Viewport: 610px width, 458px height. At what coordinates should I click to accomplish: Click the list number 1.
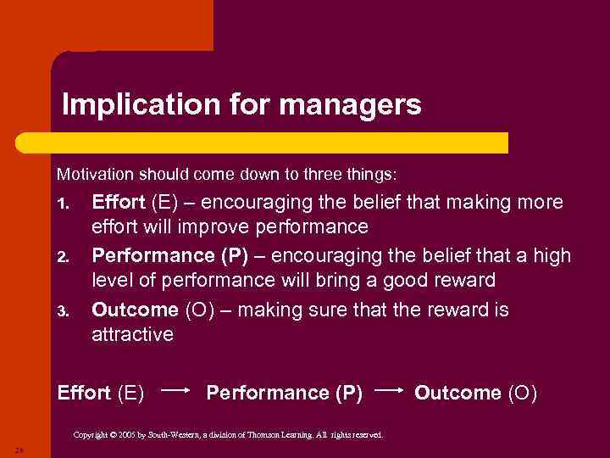(x=61, y=204)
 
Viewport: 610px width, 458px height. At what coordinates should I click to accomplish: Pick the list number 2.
(x=61, y=257)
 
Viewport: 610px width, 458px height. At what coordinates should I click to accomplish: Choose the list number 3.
(x=61, y=310)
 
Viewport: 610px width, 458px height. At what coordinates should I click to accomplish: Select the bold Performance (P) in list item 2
(x=174, y=255)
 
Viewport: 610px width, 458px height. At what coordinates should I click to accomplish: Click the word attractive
(x=132, y=334)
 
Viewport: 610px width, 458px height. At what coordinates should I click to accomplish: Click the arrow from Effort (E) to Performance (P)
(x=175, y=391)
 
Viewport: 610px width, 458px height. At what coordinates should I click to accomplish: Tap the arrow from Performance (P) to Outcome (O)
(x=389, y=391)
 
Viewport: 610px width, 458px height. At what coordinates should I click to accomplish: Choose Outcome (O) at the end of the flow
(x=475, y=393)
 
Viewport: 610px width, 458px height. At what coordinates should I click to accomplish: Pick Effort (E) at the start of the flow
(x=100, y=393)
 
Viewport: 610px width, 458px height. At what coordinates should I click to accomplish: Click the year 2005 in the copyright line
(x=133, y=435)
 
